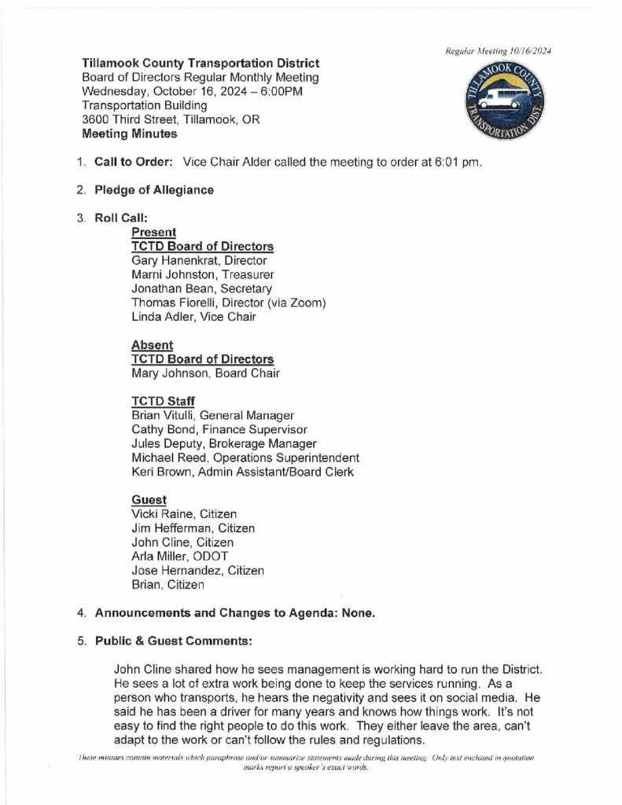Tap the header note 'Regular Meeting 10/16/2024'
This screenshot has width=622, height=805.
point(498,50)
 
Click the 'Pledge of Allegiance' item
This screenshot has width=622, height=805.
point(154,189)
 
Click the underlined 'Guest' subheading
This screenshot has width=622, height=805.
point(149,499)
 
